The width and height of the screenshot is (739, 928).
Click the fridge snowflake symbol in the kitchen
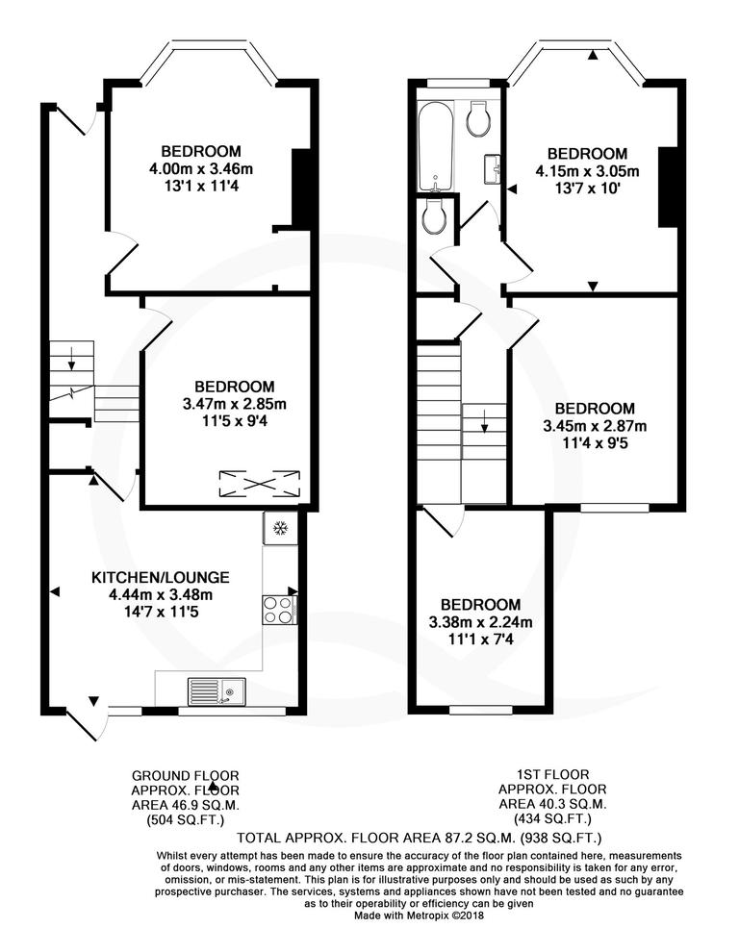280,528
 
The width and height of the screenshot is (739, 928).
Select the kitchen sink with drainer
217,691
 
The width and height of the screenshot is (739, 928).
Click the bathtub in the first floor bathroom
435,147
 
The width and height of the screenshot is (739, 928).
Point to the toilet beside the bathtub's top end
478,119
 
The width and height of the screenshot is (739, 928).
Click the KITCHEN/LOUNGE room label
160,578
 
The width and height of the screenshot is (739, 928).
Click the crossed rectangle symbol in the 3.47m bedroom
260,482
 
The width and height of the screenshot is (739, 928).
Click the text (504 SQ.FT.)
185,820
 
